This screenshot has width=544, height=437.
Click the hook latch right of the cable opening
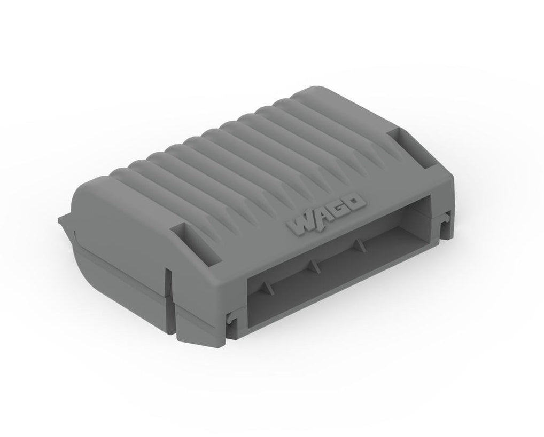tap(443, 218)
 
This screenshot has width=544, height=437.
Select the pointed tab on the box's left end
tap(63, 219)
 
